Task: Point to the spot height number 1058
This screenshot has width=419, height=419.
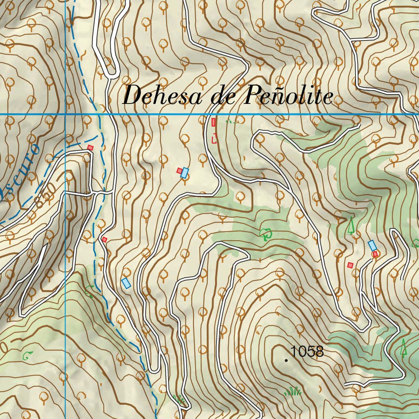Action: [307, 351]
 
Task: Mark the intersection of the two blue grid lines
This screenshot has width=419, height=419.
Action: [65, 114]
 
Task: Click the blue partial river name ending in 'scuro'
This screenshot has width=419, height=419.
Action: [23, 168]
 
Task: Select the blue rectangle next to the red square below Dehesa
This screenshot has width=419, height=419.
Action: [185, 173]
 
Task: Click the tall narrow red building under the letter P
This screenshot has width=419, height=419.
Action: [213, 122]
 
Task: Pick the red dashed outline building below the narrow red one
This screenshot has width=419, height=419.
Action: [214, 139]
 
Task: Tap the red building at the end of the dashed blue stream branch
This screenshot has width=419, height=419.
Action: [90, 147]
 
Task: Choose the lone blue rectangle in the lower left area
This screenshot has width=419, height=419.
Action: [126, 283]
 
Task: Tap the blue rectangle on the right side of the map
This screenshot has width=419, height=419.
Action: [372, 246]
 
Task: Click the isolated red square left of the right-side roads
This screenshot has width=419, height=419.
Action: [350, 265]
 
